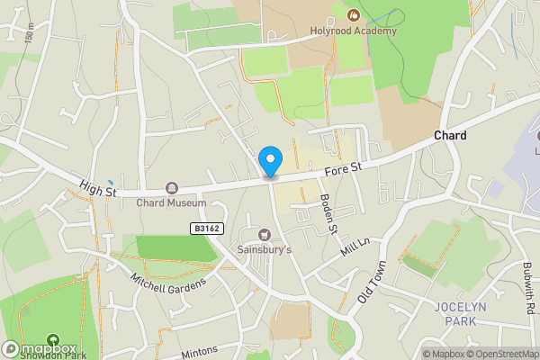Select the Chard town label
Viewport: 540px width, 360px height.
coord(450,135)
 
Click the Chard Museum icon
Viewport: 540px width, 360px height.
coord(171,188)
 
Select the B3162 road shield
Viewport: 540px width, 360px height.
coord(206,229)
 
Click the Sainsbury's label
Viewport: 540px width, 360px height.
coord(264,249)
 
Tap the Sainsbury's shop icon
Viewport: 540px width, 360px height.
coord(265,235)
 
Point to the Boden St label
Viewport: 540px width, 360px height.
coord(329,215)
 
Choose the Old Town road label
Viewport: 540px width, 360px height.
coord(371,283)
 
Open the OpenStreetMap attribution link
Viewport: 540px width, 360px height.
coord(500,354)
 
